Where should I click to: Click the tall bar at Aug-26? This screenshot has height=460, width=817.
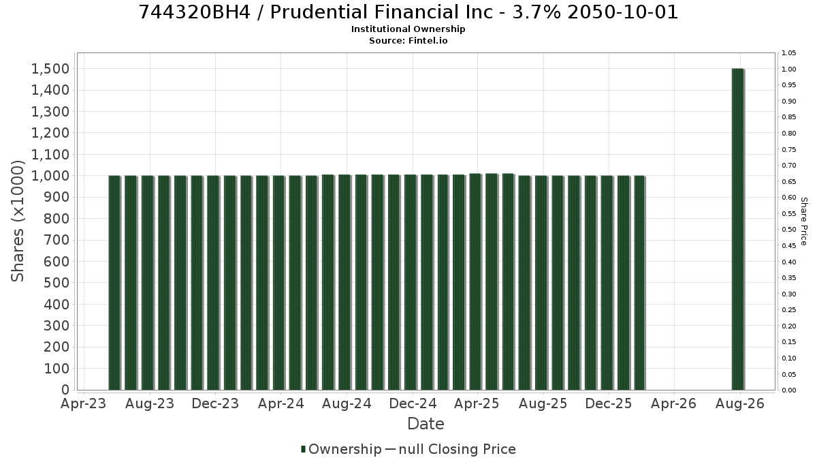tap(738, 229)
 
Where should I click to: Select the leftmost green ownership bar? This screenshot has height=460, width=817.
tap(114, 283)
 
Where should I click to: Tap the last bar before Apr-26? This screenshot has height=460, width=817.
tap(640, 283)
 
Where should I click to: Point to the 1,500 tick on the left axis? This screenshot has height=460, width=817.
tap(50, 69)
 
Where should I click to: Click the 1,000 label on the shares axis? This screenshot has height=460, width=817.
tap(50, 176)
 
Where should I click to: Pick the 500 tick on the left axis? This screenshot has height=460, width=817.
tap(57, 283)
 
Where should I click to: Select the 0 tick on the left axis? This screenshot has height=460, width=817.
tap(65, 390)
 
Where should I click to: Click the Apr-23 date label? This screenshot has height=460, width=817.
tap(84, 403)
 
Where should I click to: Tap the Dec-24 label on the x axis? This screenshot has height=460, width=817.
tap(413, 403)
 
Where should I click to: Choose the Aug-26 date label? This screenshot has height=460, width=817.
tap(740, 403)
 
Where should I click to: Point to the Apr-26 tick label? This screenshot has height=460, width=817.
tap(673, 403)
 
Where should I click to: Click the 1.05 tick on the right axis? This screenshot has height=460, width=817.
tap(789, 53)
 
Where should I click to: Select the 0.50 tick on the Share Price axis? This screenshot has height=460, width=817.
tap(789, 230)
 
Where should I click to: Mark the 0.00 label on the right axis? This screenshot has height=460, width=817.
tap(789, 390)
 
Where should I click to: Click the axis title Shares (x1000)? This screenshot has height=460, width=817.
tap(18, 221)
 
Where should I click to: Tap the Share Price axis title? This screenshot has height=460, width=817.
tap(804, 221)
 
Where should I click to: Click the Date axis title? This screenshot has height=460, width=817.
tap(426, 424)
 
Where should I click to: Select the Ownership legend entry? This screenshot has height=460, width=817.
tap(341, 449)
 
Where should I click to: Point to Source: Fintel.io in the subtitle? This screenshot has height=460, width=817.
tap(408, 40)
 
